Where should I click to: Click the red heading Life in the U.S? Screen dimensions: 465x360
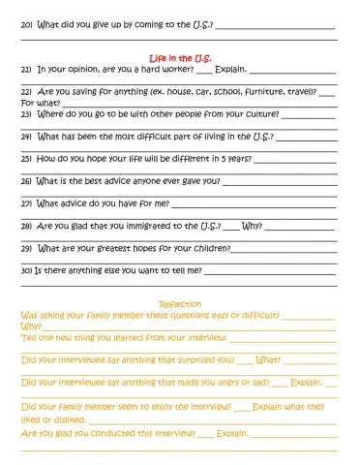(x=180, y=58)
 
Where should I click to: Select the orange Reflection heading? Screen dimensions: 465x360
(x=179, y=304)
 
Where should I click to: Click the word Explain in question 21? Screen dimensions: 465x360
(x=229, y=70)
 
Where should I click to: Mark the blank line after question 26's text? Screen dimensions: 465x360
(x=280, y=181)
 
